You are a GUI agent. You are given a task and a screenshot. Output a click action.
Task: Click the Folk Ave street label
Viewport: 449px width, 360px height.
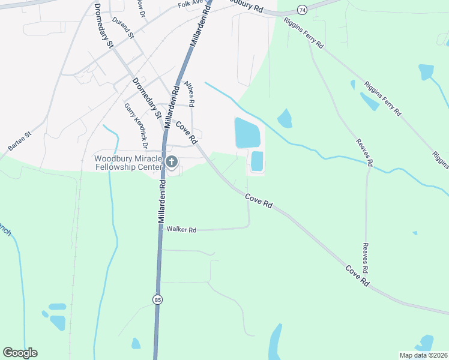[190, 4]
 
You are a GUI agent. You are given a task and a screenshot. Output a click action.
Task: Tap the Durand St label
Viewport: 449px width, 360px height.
[123, 28]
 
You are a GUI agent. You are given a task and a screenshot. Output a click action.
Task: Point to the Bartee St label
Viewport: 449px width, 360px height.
[19, 142]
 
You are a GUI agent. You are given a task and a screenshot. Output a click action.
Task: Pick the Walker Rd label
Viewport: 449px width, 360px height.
[182, 229]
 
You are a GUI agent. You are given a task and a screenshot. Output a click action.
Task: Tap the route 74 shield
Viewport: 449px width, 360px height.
[301, 10]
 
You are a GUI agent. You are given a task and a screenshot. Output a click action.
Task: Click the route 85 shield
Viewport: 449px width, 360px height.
[157, 299]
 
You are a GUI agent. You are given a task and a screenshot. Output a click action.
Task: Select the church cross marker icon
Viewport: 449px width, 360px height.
[172, 161]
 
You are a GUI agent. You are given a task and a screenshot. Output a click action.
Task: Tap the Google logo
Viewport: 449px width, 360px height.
[20, 353]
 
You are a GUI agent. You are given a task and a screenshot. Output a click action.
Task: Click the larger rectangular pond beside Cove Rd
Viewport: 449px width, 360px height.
[247, 133]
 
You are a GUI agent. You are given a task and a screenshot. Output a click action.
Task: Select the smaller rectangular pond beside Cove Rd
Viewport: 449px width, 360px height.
[257, 161]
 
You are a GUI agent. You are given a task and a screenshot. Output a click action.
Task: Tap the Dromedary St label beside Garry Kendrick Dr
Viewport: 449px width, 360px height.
[146, 97]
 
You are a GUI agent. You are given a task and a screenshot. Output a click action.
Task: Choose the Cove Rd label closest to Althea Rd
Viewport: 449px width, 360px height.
[187, 132]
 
